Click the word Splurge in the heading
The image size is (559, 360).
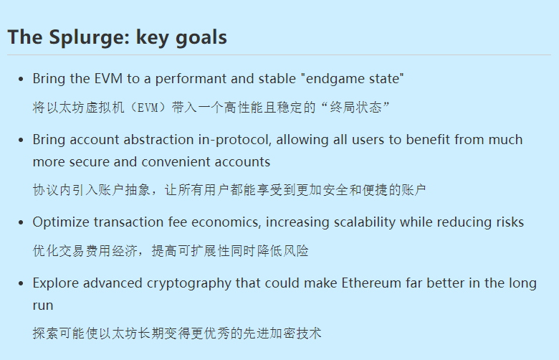(87, 37)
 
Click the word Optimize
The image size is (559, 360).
(61, 222)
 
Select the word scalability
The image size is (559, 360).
(365, 222)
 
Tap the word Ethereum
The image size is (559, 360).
(371, 283)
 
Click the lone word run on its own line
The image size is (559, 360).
(43, 305)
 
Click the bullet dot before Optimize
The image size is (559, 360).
(21, 222)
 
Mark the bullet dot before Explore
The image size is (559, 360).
(21, 283)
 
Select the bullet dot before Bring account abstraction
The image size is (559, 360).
(21, 140)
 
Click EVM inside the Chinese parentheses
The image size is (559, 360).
(148, 108)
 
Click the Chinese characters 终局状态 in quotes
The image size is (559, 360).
(355, 108)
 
